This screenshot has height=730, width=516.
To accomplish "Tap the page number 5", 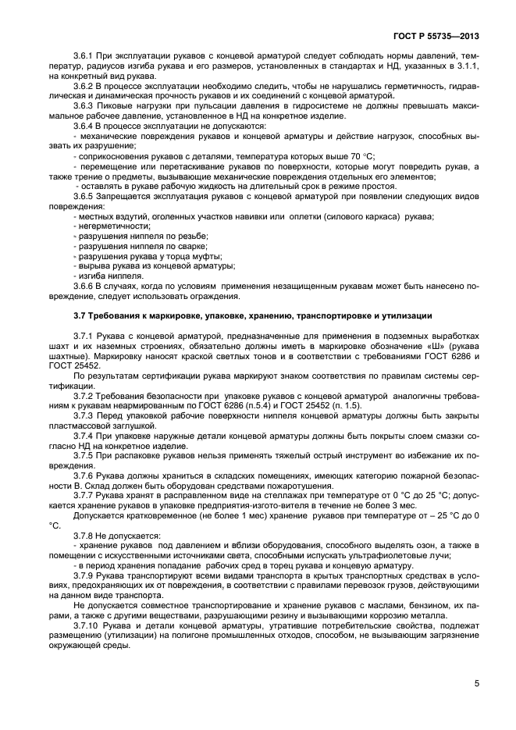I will pyautogui.click(x=476, y=684).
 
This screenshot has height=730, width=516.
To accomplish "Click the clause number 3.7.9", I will pyautogui.click(x=84, y=575).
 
